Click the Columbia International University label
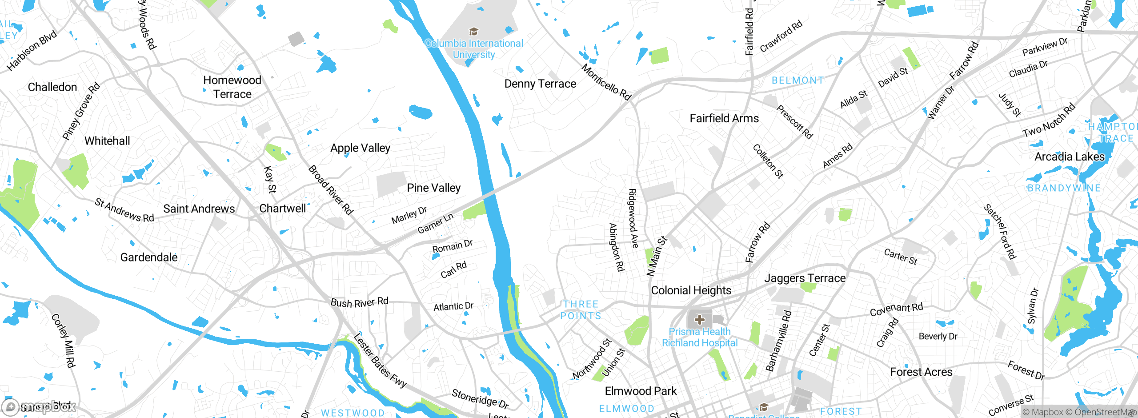click(x=474, y=49)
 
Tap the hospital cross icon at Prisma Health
click(x=699, y=319)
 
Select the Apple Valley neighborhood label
click(x=360, y=148)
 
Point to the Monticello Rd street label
click(x=606, y=82)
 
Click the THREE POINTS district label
click(x=581, y=310)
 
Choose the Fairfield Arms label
click(x=724, y=118)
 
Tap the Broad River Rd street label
click(x=330, y=190)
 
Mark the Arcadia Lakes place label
click(x=1069, y=157)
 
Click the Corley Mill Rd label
click(x=63, y=341)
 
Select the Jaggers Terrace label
click(x=805, y=278)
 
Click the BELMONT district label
click(x=797, y=80)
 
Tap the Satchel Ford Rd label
click(x=1000, y=231)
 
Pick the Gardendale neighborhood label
click(x=149, y=257)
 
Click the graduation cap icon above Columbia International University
click(x=473, y=32)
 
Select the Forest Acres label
click(x=921, y=372)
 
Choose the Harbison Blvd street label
click(x=32, y=50)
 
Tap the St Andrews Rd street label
click(x=124, y=210)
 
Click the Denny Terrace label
click(x=540, y=84)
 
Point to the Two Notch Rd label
click(x=1049, y=120)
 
